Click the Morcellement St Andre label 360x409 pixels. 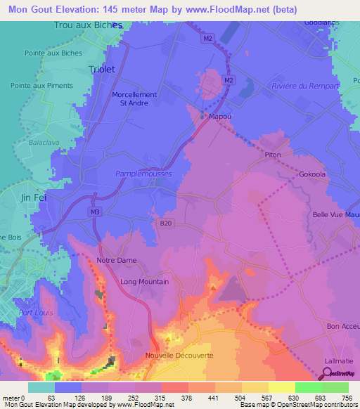(134, 99)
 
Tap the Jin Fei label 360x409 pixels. (34, 197)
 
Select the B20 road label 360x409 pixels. (164, 223)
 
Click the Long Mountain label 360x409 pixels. (144, 282)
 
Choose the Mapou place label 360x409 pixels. (221, 117)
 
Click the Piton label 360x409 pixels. (273, 155)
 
